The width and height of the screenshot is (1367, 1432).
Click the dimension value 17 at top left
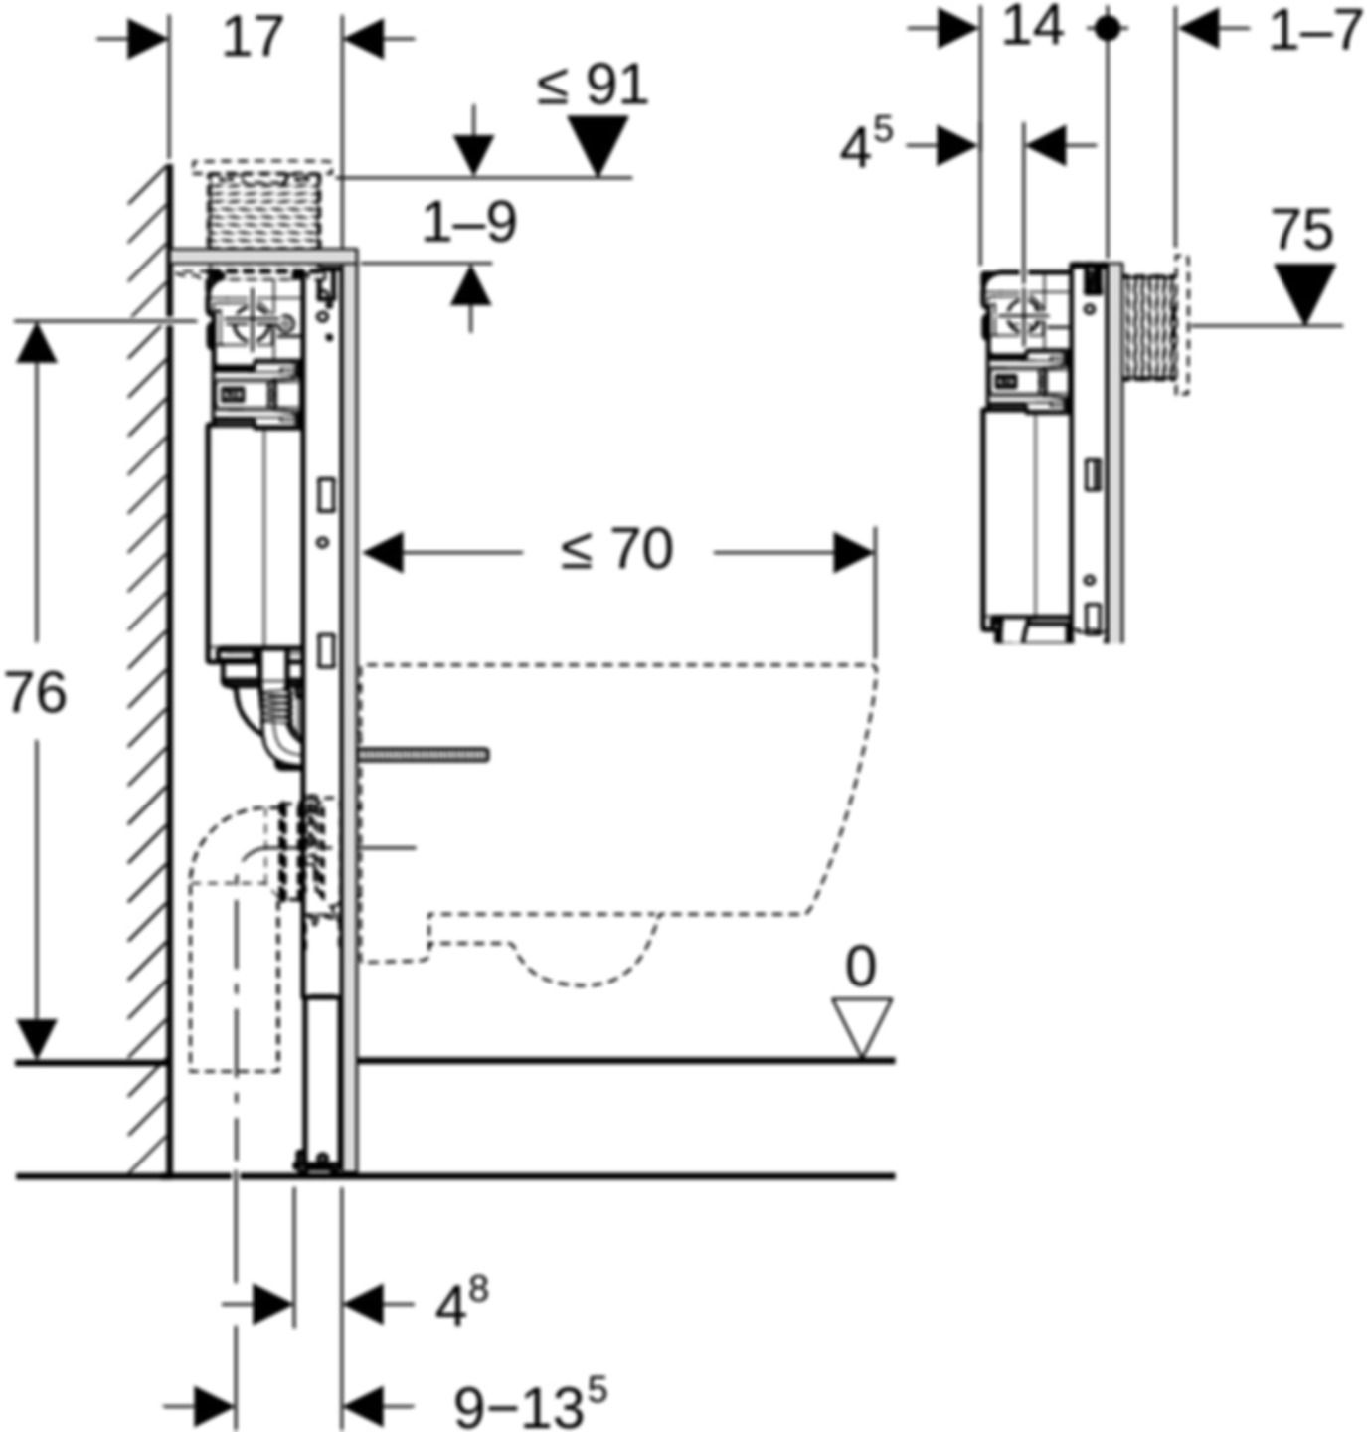click(x=253, y=39)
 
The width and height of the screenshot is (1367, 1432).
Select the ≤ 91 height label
click(x=594, y=86)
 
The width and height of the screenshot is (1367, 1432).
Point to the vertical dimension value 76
click(x=36, y=693)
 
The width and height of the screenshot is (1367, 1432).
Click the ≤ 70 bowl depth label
click(x=616, y=550)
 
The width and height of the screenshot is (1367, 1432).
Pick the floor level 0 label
click(x=861, y=966)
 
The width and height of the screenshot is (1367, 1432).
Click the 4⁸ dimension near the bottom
click(x=461, y=1303)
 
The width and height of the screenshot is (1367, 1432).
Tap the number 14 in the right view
click(x=1032, y=27)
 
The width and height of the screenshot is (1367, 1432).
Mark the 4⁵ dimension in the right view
click(x=866, y=146)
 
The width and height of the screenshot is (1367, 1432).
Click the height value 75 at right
click(x=1303, y=232)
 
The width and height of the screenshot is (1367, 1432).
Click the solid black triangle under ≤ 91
click(x=598, y=145)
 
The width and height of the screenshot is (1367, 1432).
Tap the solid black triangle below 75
click(x=1304, y=292)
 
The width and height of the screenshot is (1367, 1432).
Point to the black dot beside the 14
click(x=1107, y=29)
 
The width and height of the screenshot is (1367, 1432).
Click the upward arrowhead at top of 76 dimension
click(x=37, y=343)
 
